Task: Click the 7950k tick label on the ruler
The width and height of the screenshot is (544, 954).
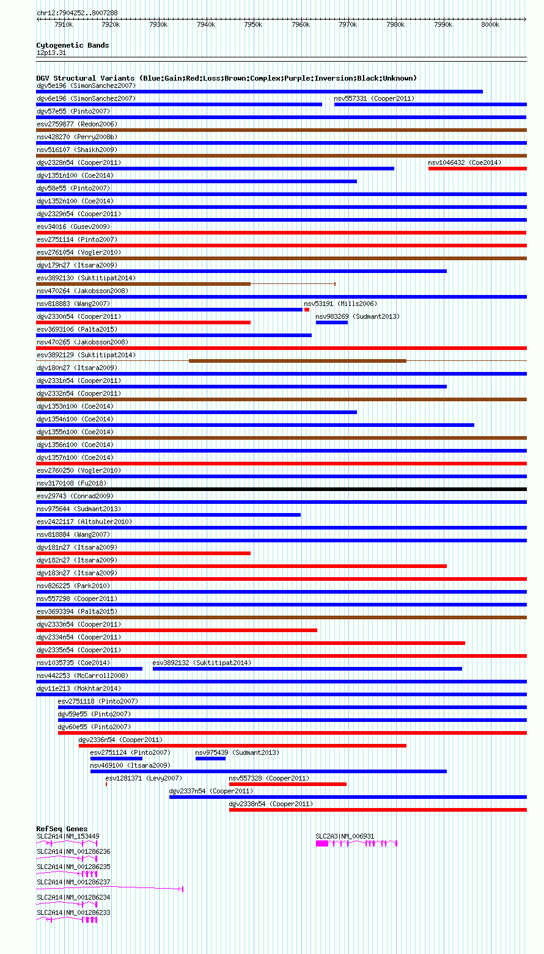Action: click(x=253, y=24)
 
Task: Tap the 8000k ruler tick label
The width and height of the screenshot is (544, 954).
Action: click(x=490, y=24)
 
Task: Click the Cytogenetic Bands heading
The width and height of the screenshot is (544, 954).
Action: click(x=73, y=45)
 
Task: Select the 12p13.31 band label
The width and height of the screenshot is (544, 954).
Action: click(x=51, y=53)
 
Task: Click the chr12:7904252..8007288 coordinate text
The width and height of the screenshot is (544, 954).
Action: click(x=77, y=13)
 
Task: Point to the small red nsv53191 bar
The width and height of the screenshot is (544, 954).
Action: click(x=307, y=310)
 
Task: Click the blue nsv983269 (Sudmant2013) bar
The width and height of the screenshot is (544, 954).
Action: click(x=331, y=322)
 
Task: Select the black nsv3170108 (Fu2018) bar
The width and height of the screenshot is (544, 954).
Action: click(x=281, y=489)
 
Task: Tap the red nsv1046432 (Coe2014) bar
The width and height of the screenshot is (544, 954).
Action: click(x=477, y=169)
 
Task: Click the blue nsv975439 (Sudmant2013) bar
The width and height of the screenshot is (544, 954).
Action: click(x=210, y=759)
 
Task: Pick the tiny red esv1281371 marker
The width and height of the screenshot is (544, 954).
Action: click(x=106, y=784)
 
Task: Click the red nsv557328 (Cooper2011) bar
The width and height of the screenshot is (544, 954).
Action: click(x=287, y=784)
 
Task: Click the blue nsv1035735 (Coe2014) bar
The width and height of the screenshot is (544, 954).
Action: click(x=89, y=669)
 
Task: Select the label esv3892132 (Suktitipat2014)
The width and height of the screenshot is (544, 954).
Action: click(x=201, y=663)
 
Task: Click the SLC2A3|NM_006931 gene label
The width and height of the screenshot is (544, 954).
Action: click(x=345, y=836)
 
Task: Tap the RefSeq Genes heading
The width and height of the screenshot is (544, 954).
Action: click(x=62, y=829)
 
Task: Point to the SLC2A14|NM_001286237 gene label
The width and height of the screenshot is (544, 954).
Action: click(x=73, y=882)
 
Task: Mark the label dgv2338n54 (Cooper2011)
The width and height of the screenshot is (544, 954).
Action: click(x=270, y=804)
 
